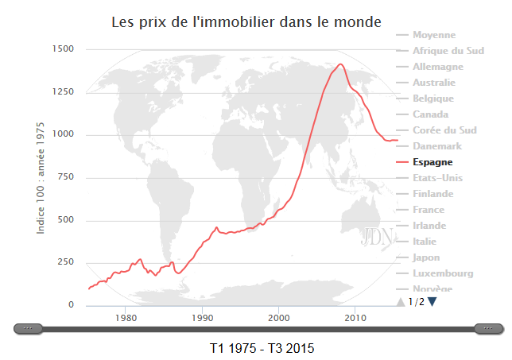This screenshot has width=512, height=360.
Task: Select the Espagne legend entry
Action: point(433,162)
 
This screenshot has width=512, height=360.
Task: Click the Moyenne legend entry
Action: point(434,35)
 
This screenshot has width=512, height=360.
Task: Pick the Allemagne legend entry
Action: point(438,67)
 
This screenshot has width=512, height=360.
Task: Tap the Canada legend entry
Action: point(431,114)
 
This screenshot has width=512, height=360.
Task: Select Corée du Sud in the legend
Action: point(444,130)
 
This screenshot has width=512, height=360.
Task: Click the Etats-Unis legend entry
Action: point(437,178)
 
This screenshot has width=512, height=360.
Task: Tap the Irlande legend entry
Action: point(429,226)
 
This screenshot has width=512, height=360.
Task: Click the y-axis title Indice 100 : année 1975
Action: point(41,177)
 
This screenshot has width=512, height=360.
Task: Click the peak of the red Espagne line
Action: point(340,64)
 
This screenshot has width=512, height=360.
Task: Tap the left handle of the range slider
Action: point(29,328)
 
